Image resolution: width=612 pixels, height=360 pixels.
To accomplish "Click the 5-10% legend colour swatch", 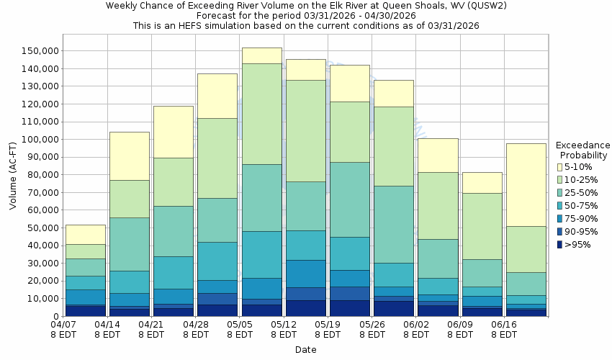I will (560, 167).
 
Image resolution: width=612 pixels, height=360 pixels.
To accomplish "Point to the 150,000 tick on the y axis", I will (37, 51).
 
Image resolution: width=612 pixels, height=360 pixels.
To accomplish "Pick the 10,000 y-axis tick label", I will (39, 299).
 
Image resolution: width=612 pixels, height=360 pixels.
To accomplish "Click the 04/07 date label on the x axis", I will (63, 325).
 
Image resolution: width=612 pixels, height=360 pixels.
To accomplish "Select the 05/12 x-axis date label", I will (284, 325).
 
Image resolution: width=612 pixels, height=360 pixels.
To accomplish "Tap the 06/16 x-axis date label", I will (504, 325).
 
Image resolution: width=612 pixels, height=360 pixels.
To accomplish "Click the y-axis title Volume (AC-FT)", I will (13, 176).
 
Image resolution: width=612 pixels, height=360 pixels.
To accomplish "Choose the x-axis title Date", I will (305, 350).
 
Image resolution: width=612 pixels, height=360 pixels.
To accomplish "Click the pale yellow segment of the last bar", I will (525, 184).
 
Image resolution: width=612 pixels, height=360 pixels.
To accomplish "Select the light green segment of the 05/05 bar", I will (261, 114).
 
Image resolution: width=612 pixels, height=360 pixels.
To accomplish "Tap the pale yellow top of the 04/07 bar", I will (85, 234).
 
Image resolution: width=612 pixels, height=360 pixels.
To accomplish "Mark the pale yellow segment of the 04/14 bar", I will (129, 156).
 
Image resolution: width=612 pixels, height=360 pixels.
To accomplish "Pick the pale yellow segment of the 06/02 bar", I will (437, 155).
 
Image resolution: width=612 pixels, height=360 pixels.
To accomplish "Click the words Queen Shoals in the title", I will (379, 6).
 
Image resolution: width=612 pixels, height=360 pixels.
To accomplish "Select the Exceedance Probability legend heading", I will (584, 150).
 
